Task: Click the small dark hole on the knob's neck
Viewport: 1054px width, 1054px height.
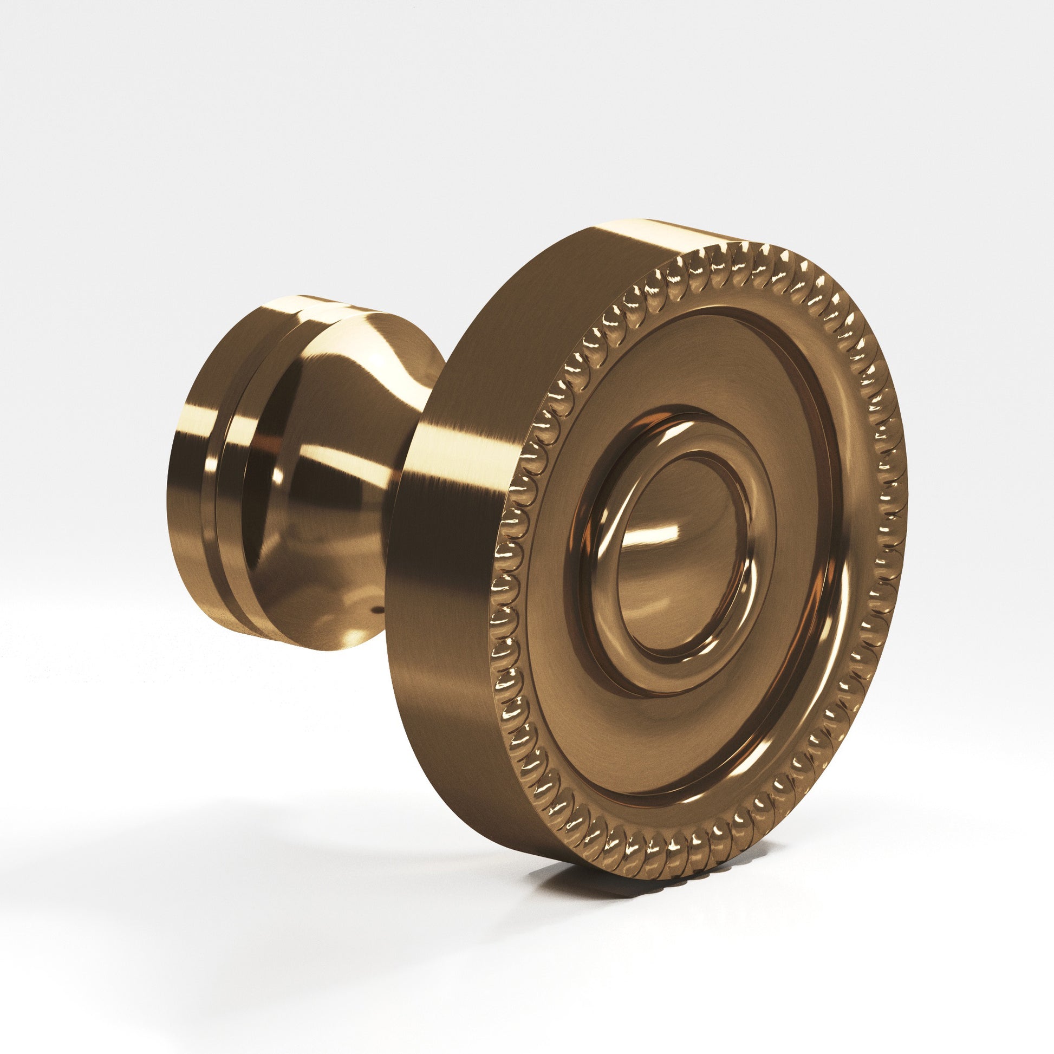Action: pos(375,611)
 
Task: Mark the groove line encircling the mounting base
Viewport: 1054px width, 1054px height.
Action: pos(218,480)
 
